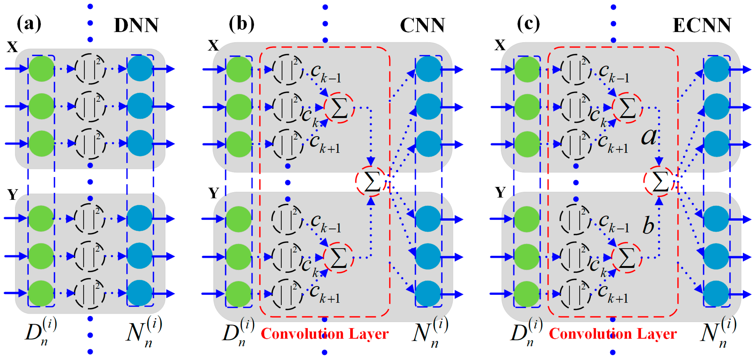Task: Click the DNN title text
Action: [x=136, y=26]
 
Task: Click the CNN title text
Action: [x=422, y=26]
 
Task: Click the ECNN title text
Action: [x=702, y=26]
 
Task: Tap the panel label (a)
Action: [x=29, y=23]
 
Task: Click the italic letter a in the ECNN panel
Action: [x=649, y=137]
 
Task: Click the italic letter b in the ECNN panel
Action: [x=648, y=226]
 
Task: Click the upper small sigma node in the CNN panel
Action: [x=339, y=108]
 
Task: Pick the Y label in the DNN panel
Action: [x=12, y=194]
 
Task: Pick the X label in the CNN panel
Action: [x=213, y=45]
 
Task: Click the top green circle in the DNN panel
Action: [x=41, y=69]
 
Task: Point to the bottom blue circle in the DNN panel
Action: [x=140, y=293]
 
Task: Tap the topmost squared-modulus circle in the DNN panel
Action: [x=90, y=69]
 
